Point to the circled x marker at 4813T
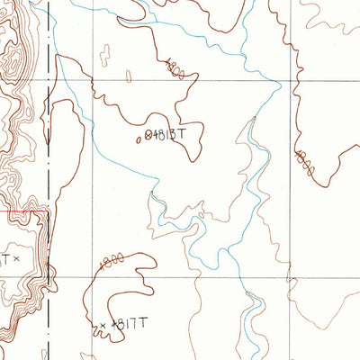(x=148, y=134)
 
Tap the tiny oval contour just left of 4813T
(x=139, y=139)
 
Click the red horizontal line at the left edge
(x=18, y=212)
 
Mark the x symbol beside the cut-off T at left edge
(x=15, y=259)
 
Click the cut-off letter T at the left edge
(x=4, y=259)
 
